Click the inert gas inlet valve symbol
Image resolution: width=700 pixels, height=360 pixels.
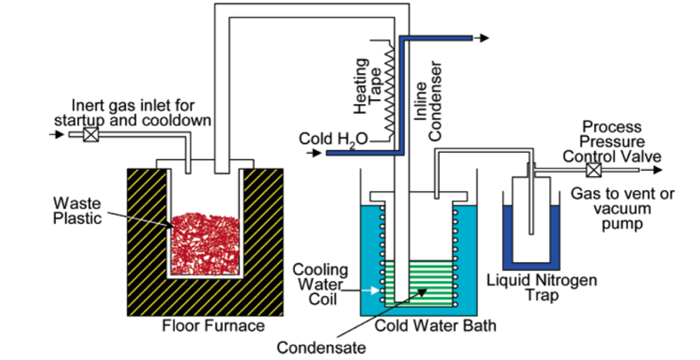pos(89,136)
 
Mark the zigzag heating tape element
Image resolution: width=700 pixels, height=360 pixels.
pos(388,90)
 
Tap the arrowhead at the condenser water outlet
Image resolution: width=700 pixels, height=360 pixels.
pos(484,38)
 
